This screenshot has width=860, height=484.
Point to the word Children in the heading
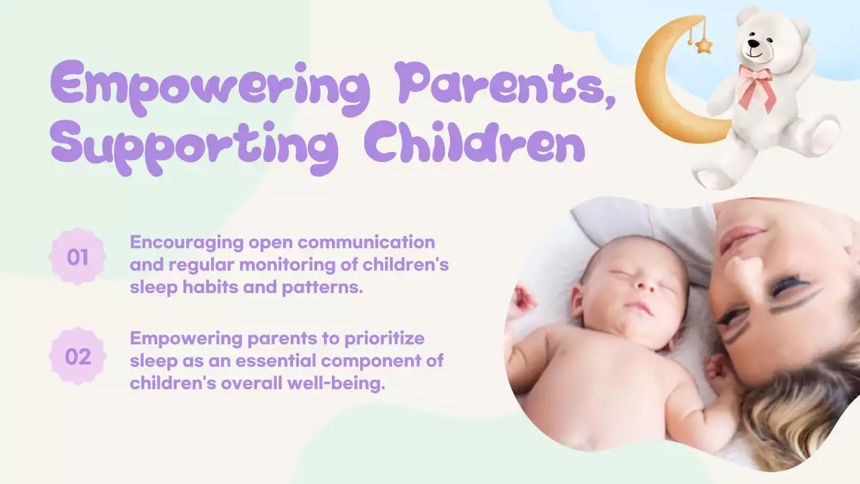point(474,143)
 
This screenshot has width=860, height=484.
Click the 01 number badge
point(78,257)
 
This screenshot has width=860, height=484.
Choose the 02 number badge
point(78,356)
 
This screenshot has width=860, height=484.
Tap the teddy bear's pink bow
point(757,84)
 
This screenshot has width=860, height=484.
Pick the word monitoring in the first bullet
point(280,265)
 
